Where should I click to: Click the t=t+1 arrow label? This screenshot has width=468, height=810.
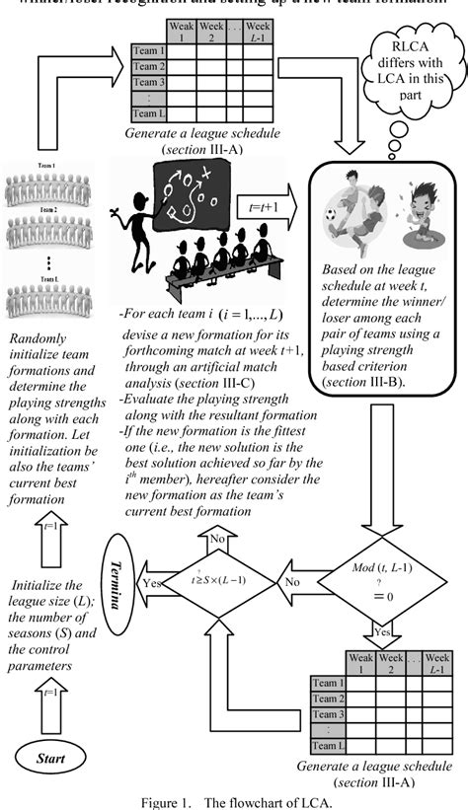261,206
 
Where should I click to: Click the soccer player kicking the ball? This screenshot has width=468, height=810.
352,217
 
